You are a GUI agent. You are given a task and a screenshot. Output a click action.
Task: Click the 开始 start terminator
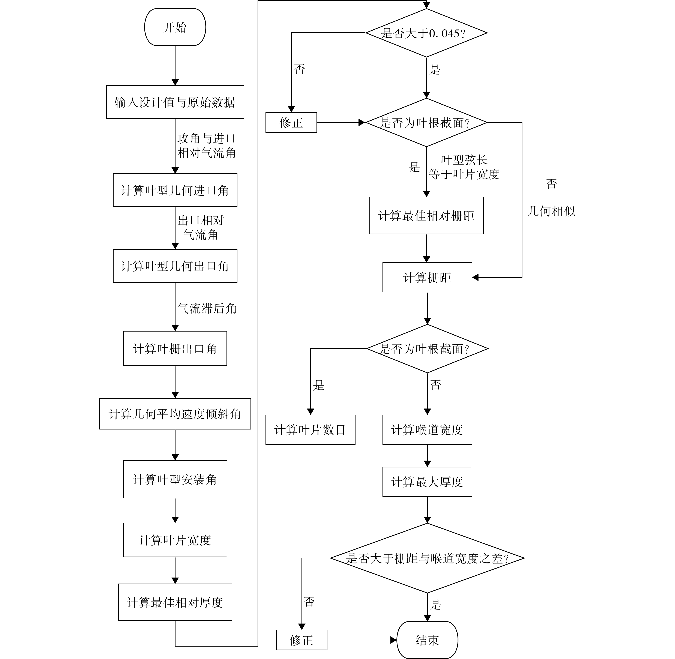(x=175, y=27)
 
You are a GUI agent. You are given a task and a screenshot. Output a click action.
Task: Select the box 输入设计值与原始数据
(x=175, y=102)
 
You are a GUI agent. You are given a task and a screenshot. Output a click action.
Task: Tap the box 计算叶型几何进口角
(x=175, y=190)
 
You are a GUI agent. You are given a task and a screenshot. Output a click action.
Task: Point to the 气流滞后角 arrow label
(x=207, y=308)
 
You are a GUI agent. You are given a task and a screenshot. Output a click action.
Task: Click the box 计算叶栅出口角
(x=175, y=348)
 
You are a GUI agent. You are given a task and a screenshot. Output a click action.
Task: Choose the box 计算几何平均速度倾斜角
(x=175, y=414)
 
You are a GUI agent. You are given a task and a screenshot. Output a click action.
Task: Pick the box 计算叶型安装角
(x=175, y=479)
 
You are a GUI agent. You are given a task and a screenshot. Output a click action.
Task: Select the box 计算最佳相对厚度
(x=175, y=602)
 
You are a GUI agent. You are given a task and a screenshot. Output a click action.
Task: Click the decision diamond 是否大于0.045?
(x=426, y=33)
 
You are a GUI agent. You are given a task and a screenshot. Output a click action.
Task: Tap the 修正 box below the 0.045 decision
(x=291, y=122)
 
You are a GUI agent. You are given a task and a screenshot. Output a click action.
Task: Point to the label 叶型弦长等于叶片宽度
(x=464, y=167)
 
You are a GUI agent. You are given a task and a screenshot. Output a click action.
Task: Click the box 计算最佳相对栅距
(x=426, y=216)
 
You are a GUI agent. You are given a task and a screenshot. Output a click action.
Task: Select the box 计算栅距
(x=427, y=277)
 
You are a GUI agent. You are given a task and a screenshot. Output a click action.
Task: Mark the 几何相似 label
(x=551, y=211)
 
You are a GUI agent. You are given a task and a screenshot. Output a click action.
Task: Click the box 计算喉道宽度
(x=427, y=429)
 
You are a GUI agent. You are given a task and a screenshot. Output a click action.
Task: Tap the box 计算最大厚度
(x=427, y=481)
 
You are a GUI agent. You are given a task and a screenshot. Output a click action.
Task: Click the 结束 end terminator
(x=427, y=640)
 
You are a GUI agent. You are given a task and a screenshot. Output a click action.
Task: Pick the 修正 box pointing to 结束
(x=301, y=640)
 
